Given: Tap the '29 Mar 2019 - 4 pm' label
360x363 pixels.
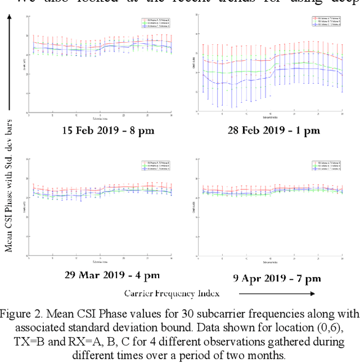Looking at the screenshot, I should coord(112,275).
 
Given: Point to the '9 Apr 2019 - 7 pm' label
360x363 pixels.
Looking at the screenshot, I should coord(277,278).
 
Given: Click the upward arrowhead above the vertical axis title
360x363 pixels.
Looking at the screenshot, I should coord(10,18).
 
